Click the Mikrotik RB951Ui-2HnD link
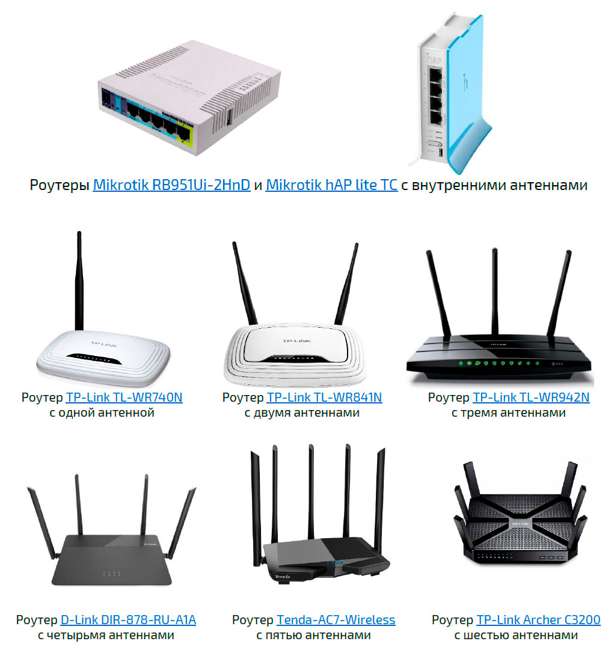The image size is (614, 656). (171, 185)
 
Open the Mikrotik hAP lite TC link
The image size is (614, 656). (331, 185)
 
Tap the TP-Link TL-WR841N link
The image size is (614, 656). (324, 397)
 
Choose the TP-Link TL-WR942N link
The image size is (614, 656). (531, 397)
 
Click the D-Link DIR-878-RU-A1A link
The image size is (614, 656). (128, 620)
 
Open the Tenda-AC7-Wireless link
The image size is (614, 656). (336, 620)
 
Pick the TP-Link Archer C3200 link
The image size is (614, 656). (538, 620)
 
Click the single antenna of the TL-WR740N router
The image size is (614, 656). (79, 283)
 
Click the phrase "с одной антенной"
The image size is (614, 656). (102, 413)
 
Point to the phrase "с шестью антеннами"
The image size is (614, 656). (515, 636)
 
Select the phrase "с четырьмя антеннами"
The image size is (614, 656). (106, 636)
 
